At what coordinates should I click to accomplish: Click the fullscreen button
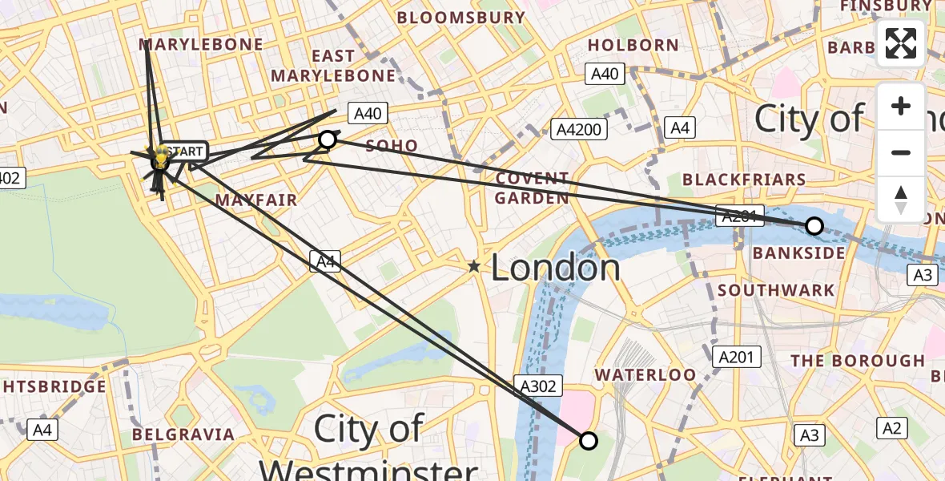click(x=901, y=43)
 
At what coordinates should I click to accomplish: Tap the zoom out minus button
click(x=901, y=152)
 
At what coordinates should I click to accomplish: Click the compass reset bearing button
click(x=901, y=199)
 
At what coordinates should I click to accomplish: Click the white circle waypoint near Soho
click(x=328, y=140)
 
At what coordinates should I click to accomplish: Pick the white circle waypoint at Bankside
click(x=814, y=226)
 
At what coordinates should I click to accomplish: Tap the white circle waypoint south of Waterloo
click(x=589, y=441)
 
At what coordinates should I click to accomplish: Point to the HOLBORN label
click(x=633, y=45)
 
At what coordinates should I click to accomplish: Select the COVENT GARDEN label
click(x=532, y=188)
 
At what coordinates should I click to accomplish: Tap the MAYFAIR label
click(x=256, y=200)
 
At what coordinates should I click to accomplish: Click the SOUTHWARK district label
click(x=776, y=290)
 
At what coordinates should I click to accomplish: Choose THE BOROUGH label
click(x=857, y=361)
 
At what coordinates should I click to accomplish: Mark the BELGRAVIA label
click(x=183, y=435)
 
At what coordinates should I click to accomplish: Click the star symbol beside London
click(x=474, y=266)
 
